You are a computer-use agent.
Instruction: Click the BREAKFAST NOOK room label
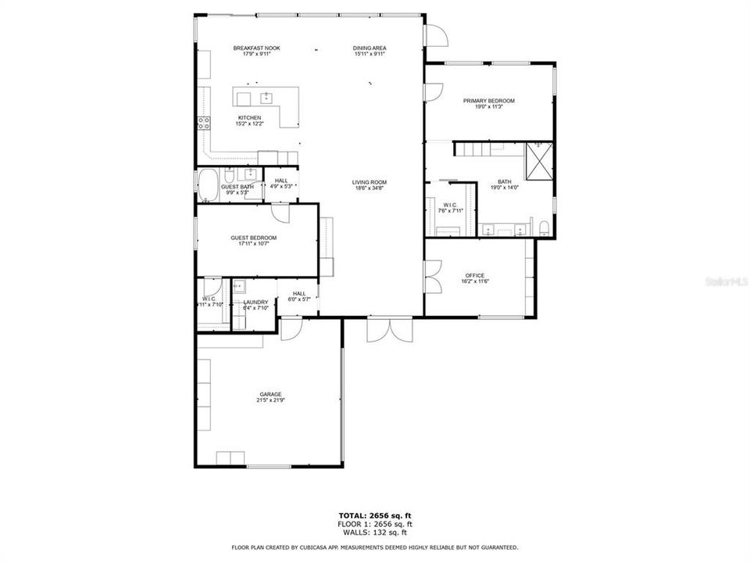(256, 48)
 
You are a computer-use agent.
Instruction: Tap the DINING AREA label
(369, 48)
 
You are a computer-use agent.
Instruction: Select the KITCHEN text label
(250, 118)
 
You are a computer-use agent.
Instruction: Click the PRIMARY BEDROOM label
(488, 101)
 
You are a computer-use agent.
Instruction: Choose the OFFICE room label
(475, 275)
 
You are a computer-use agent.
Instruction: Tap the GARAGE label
(270, 394)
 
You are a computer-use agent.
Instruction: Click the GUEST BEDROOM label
(253, 238)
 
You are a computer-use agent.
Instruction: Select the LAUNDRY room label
(255, 302)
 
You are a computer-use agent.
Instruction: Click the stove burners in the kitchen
(204, 122)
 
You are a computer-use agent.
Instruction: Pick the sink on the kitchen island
(266, 98)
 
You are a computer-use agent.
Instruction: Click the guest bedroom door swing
(280, 213)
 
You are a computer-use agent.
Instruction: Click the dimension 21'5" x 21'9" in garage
(270, 401)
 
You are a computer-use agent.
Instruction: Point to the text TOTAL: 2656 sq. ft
(374, 516)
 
